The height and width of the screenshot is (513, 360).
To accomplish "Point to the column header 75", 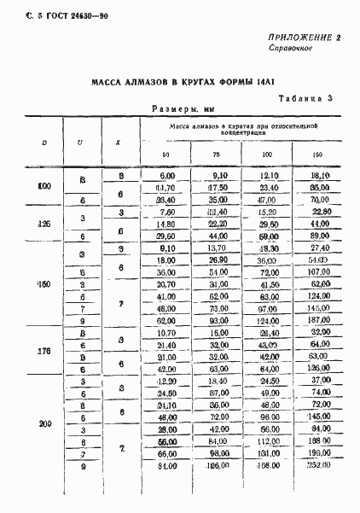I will click(x=216, y=154).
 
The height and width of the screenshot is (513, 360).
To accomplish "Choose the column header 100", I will click(x=268, y=154).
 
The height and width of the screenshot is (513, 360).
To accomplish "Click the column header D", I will click(x=44, y=142).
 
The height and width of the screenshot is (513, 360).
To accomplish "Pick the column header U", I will click(x=80, y=142).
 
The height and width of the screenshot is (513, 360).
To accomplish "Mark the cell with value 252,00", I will click(x=320, y=490).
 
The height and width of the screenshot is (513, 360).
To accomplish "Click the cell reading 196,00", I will click(x=320, y=477).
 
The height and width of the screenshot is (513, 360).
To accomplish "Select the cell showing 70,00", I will click(x=320, y=200).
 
